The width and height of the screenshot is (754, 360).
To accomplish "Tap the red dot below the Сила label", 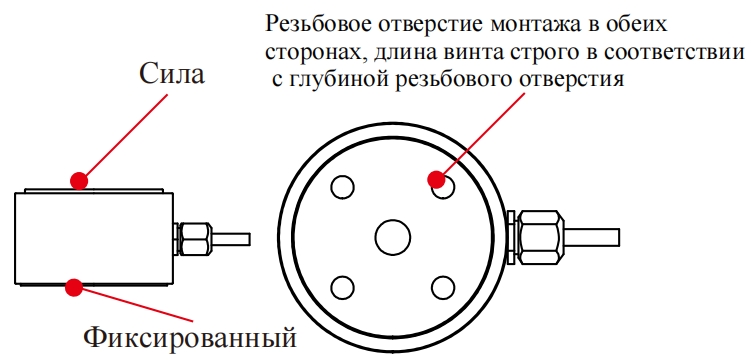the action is (x=78, y=180).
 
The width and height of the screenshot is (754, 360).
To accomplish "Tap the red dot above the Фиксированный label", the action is (x=73, y=288).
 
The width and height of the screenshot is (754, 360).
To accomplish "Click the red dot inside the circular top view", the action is (x=436, y=180).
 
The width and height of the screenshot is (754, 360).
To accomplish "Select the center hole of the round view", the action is (x=391, y=238).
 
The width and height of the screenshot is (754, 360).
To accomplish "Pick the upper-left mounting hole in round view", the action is (x=342, y=188).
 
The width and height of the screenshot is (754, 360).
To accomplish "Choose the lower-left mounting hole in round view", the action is (x=342, y=288).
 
